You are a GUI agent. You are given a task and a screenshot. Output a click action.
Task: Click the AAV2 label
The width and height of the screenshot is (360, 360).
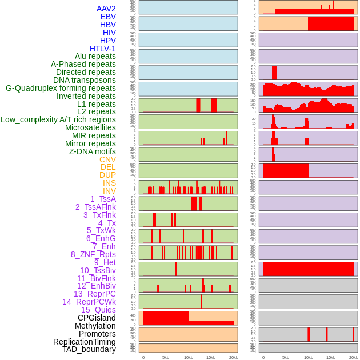[x=106, y=9]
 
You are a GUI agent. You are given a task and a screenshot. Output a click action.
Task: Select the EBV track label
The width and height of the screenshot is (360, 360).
[x=107, y=17]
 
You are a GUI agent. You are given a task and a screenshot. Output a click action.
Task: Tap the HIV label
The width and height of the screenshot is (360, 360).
[x=109, y=33]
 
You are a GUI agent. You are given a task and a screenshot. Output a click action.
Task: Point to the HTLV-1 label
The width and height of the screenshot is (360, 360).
[x=102, y=49]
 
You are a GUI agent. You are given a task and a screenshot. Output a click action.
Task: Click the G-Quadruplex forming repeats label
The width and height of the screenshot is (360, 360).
[x=61, y=88]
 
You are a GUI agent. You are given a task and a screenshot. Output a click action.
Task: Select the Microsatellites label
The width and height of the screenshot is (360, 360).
[x=90, y=127]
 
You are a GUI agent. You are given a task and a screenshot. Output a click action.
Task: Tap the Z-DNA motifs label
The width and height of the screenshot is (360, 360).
[x=92, y=151]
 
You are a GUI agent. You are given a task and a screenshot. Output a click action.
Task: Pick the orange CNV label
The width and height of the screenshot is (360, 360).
[x=107, y=159]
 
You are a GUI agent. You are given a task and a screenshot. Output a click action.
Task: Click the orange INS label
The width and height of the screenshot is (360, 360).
[x=109, y=183]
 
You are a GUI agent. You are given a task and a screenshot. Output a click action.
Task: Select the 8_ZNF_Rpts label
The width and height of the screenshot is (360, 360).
[x=93, y=254]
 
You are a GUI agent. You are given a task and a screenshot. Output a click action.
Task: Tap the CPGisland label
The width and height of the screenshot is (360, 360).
[x=97, y=318]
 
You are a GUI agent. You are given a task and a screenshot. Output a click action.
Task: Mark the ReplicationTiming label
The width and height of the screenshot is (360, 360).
[x=84, y=342]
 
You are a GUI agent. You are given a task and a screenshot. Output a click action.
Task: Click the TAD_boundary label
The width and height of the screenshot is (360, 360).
[x=89, y=349]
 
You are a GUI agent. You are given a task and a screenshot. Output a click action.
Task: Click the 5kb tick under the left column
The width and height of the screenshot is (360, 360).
[x=166, y=357]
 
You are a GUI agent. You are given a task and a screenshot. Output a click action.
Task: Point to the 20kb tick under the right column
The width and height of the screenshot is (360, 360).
[x=354, y=357]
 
